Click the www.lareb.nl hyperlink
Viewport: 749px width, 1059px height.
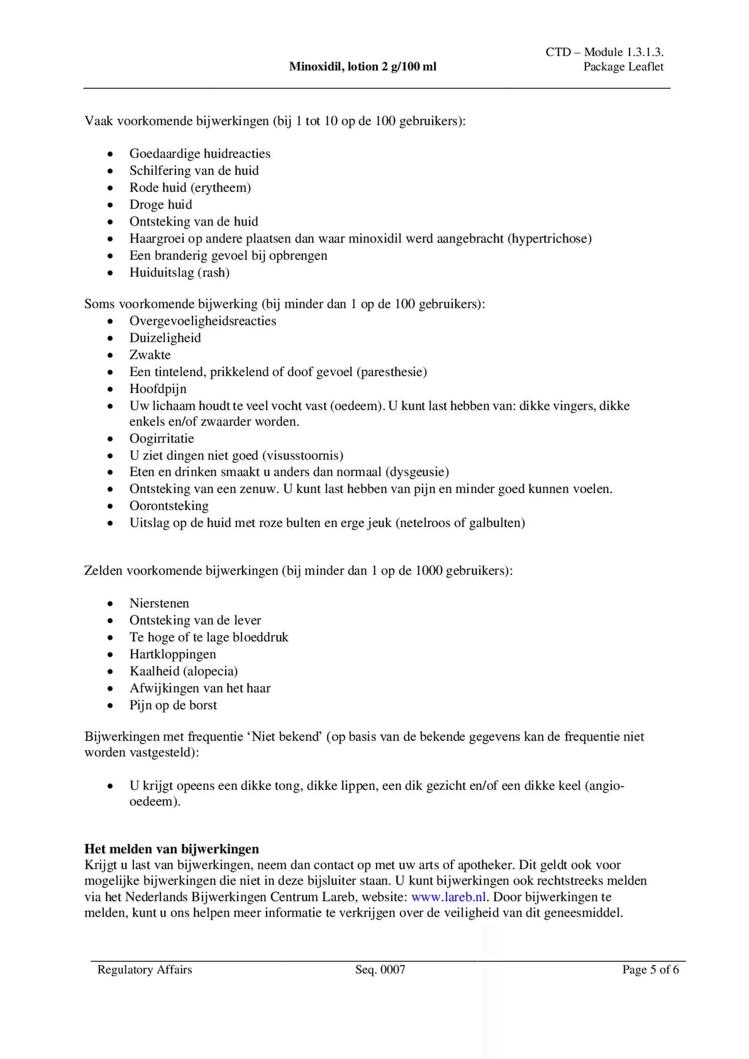click(x=448, y=897)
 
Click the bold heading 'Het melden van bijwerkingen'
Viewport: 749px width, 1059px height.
click(x=171, y=849)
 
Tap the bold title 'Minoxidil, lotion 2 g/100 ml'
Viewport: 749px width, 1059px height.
click(x=362, y=67)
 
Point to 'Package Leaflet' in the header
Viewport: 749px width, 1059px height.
click(x=623, y=67)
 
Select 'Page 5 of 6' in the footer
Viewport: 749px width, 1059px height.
click(x=650, y=969)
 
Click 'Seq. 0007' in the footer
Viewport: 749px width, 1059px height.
click(x=380, y=969)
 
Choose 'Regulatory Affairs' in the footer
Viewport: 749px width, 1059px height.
click(x=144, y=969)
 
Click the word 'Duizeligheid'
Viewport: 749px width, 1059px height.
click(x=165, y=338)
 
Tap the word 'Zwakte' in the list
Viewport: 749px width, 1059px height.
click(x=150, y=355)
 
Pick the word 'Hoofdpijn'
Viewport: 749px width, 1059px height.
click(x=158, y=389)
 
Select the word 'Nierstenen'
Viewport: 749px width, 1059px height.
click(x=159, y=603)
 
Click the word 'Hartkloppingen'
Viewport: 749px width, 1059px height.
click(x=172, y=654)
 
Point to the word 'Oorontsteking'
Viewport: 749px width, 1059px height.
click(x=169, y=506)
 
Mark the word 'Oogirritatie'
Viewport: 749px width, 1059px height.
click(x=161, y=439)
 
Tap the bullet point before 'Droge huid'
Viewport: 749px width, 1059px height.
click(x=110, y=205)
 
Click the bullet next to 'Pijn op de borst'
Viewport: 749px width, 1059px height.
click(x=110, y=706)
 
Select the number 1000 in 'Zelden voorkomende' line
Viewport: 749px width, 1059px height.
click(x=429, y=571)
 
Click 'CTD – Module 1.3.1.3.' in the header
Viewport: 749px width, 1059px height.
click(x=605, y=52)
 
